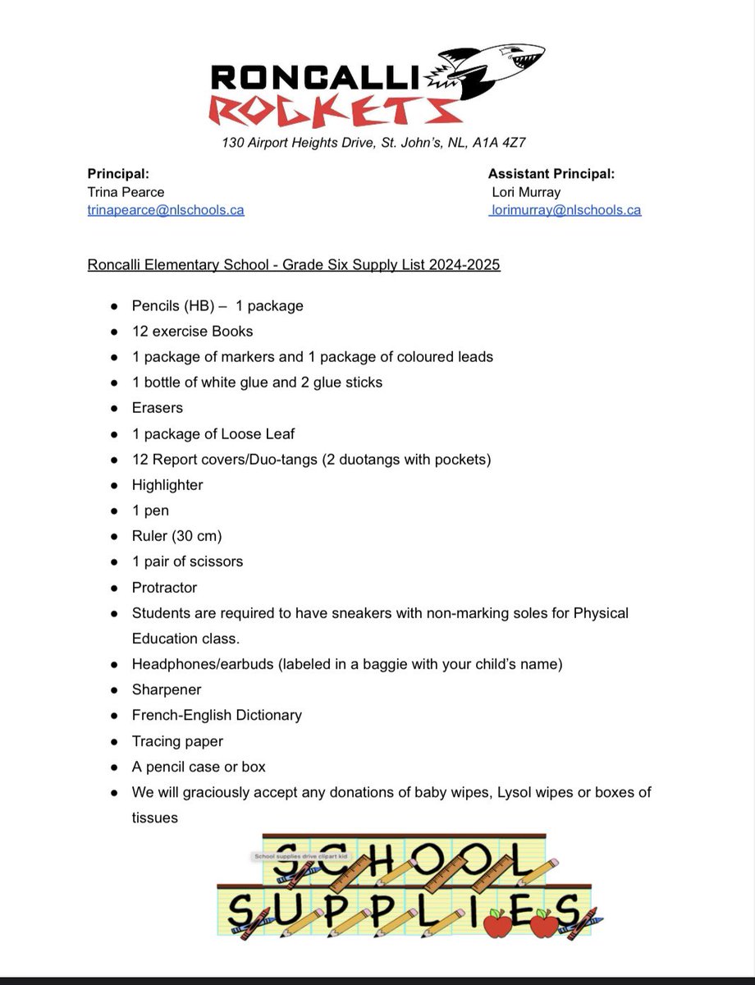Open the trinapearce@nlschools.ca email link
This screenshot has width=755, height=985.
[x=166, y=210]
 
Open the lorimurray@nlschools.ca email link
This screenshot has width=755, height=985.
[x=565, y=210]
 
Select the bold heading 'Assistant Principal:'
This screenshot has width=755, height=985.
[x=551, y=174]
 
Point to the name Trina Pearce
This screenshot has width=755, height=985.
[x=126, y=192]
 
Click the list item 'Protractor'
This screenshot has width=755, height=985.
[x=164, y=588]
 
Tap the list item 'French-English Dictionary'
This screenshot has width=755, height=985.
[x=217, y=716]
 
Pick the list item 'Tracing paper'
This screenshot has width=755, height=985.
[x=177, y=741]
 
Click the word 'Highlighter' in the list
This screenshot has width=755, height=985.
[x=167, y=485]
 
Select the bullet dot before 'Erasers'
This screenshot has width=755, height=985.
[x=113, y=408]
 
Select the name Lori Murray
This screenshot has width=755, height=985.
[x=525, y=192]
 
